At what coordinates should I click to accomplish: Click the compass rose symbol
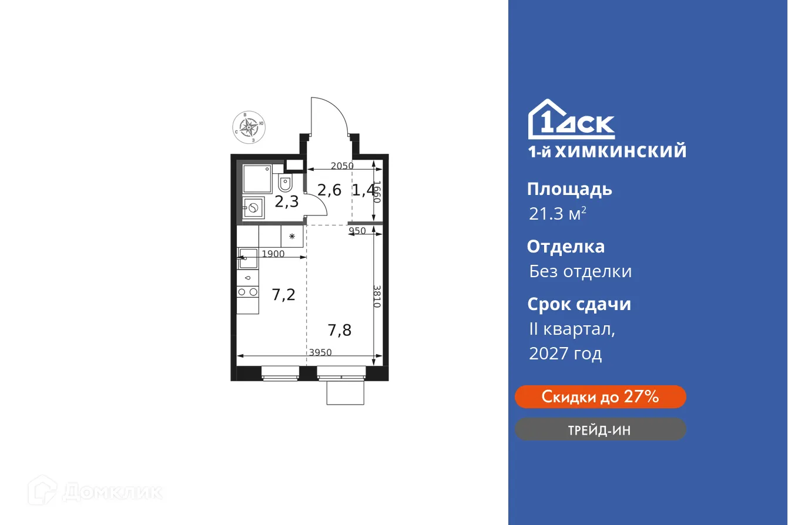pyautogui.click(x=249, y=126)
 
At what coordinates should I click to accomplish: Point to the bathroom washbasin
pyautogui.click(x=253, y=208)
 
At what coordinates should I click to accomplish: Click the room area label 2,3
pyautogui.click(x=287, y=202)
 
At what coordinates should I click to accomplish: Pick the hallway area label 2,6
pyautogui.click(x=329, y=190)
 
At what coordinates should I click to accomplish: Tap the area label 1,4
pyautogui.click(x=363, y=190)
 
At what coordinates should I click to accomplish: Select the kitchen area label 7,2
pyautogui.click(x=283, y=295)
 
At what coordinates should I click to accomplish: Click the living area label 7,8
pyautogui.click(x=340, y=330)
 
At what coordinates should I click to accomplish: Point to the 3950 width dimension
pyautogui.click(x=321, y=352)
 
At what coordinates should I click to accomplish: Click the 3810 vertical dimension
pyautogui.click(x=377, y=297)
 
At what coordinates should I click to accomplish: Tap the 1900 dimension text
pyautogui.click(x=273, y=254)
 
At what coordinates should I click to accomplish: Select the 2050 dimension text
pyautogui.click(x=342, y=166)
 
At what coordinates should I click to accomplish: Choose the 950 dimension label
pyautogui.click(x=357, y=231)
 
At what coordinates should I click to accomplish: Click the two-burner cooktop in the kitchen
pyautogui.click(x=247, y=291)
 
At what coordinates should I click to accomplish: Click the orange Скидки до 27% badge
pyautogui.click(x=600, y=397)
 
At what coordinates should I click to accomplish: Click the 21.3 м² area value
pyautogui.click(x=557, y=214)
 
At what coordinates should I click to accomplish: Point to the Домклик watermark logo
pyautogui.click(x=96, y=491)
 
